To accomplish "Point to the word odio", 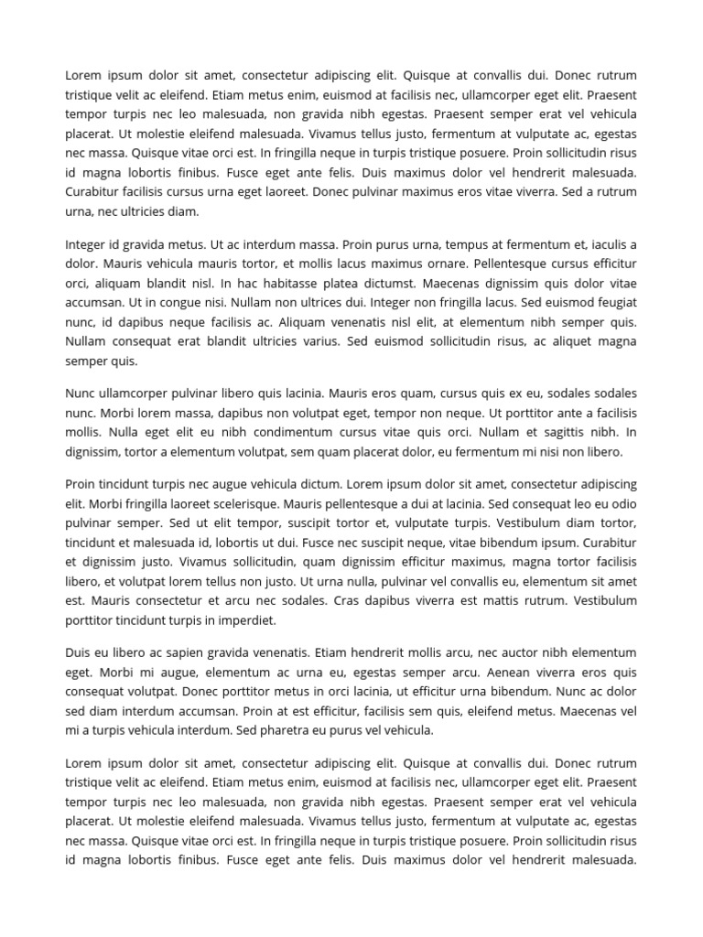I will click(x=622, y=503).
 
